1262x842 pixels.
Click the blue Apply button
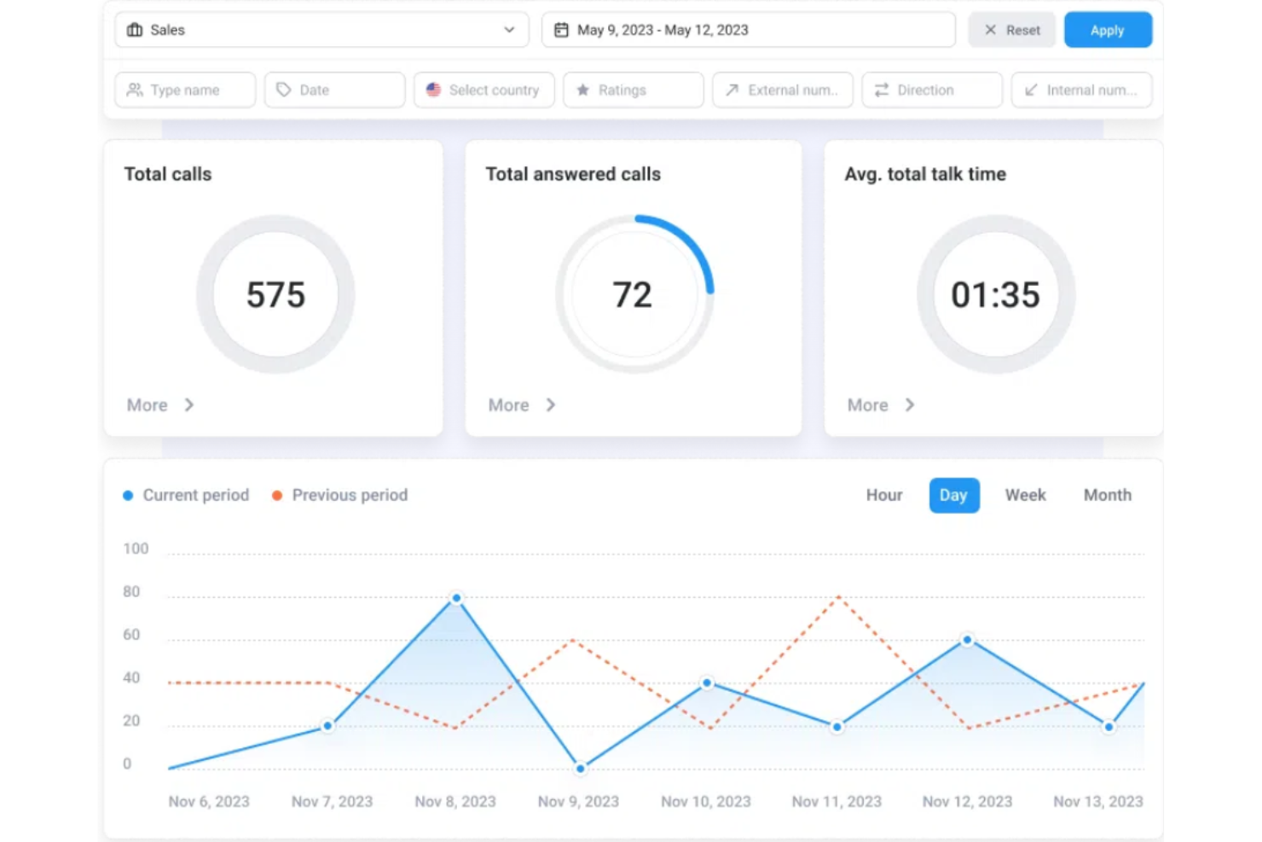coord(1107,30)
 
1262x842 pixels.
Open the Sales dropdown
coord(321,30)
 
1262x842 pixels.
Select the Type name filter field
coord(185,90)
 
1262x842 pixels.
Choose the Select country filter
coord(483,90)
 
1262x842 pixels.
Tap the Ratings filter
coord(633,90)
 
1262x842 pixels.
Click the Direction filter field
coord(931,90)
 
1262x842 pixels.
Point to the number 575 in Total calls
coord(275,295)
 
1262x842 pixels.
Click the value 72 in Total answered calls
coord(632,295)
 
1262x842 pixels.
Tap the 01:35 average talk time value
coord(995,295)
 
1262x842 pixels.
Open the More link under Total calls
coord(159,405)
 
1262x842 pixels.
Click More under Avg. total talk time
coord(880,405)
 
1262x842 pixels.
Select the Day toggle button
coord(953,496)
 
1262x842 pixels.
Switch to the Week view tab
coord(1025,496)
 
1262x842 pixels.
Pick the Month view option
coord(1107,496)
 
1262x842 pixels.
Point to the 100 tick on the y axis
coord(136,549)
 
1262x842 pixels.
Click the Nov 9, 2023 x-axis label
coord(578,802)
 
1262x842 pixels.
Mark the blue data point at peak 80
coord(456,598)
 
